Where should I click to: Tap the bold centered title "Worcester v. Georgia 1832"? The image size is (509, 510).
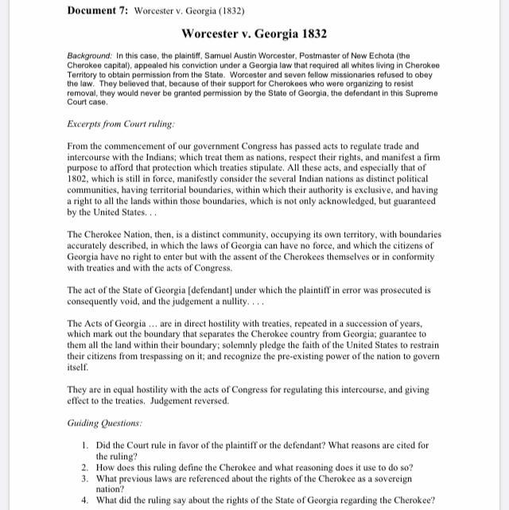tap(254, 34)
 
